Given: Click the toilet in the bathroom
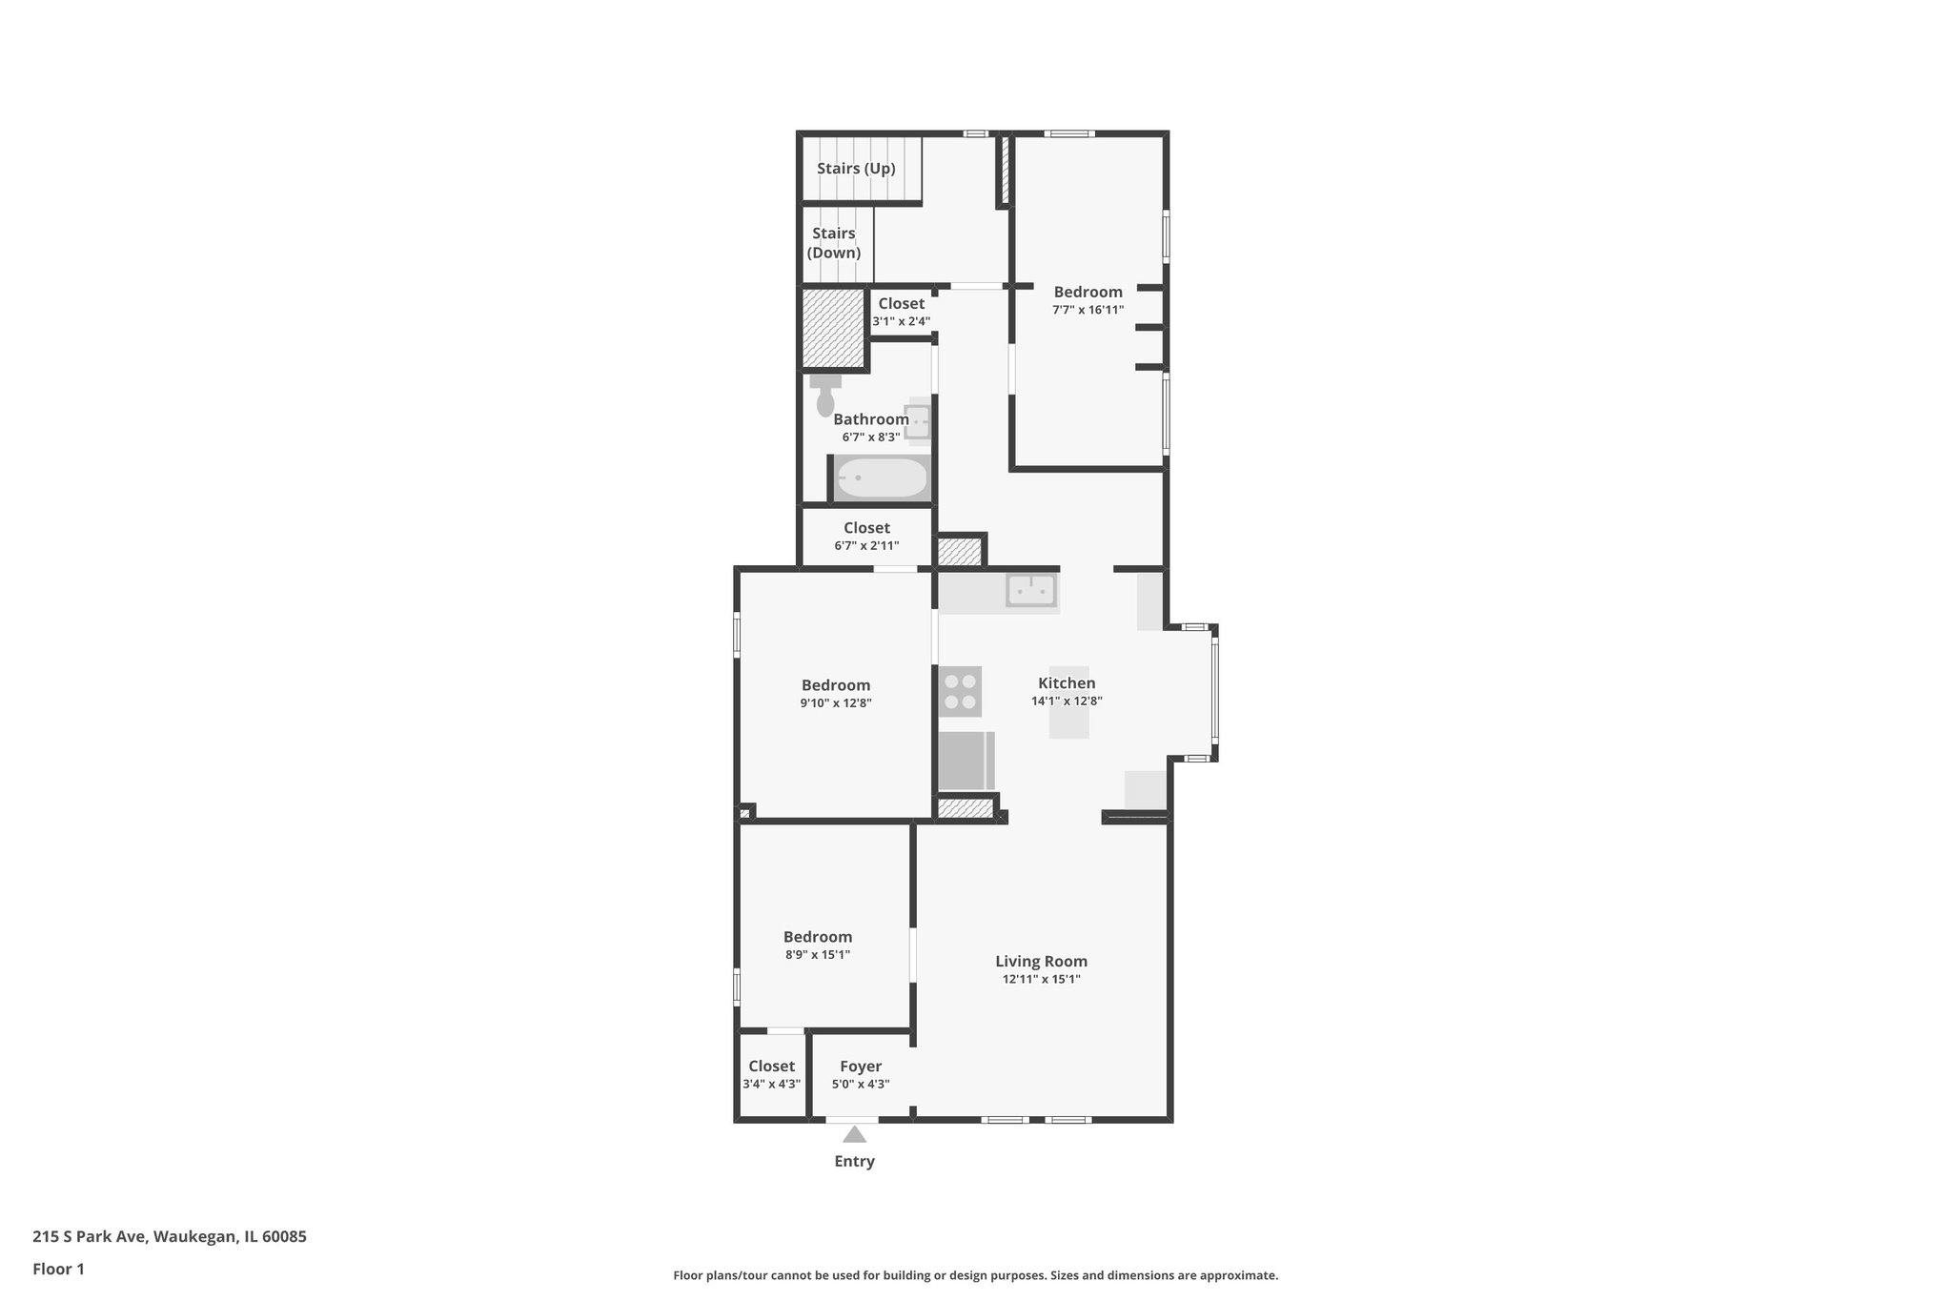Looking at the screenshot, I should pyautogui.click(x=825, y=396).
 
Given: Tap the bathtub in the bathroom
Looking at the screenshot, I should pyautogui.click(x=882, y=478).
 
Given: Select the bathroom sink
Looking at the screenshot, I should pyautogui.click(x=918, y=420).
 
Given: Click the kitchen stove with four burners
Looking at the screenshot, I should pyautogui.click(x=960, y=692).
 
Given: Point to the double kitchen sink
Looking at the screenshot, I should pyautogui.click(x=1031, y=590).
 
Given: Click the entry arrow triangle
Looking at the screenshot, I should pyautogui.click(x=854, y=1134).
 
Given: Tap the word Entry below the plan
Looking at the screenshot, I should pyautogui.click(x=854, y=1161).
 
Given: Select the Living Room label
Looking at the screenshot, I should pyautogui.click(x=1041, y=962).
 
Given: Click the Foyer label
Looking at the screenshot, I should pyautogui.click(x=861, y=1067).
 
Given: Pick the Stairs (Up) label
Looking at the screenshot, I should pyautogui.click(x=856, y=169).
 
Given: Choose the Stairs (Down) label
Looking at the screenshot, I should pyautogui.click(x=834, y=243).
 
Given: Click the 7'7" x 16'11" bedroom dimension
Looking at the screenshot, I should pyautogui.click(x=1088, y=310).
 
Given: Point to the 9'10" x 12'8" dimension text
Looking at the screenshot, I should pyautogui.click(x=836, y=703).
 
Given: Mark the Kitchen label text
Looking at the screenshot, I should pyautogui.click(x=1067, y=683).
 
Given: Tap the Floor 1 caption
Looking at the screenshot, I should pyautogui.click(x=59, y=1269).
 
